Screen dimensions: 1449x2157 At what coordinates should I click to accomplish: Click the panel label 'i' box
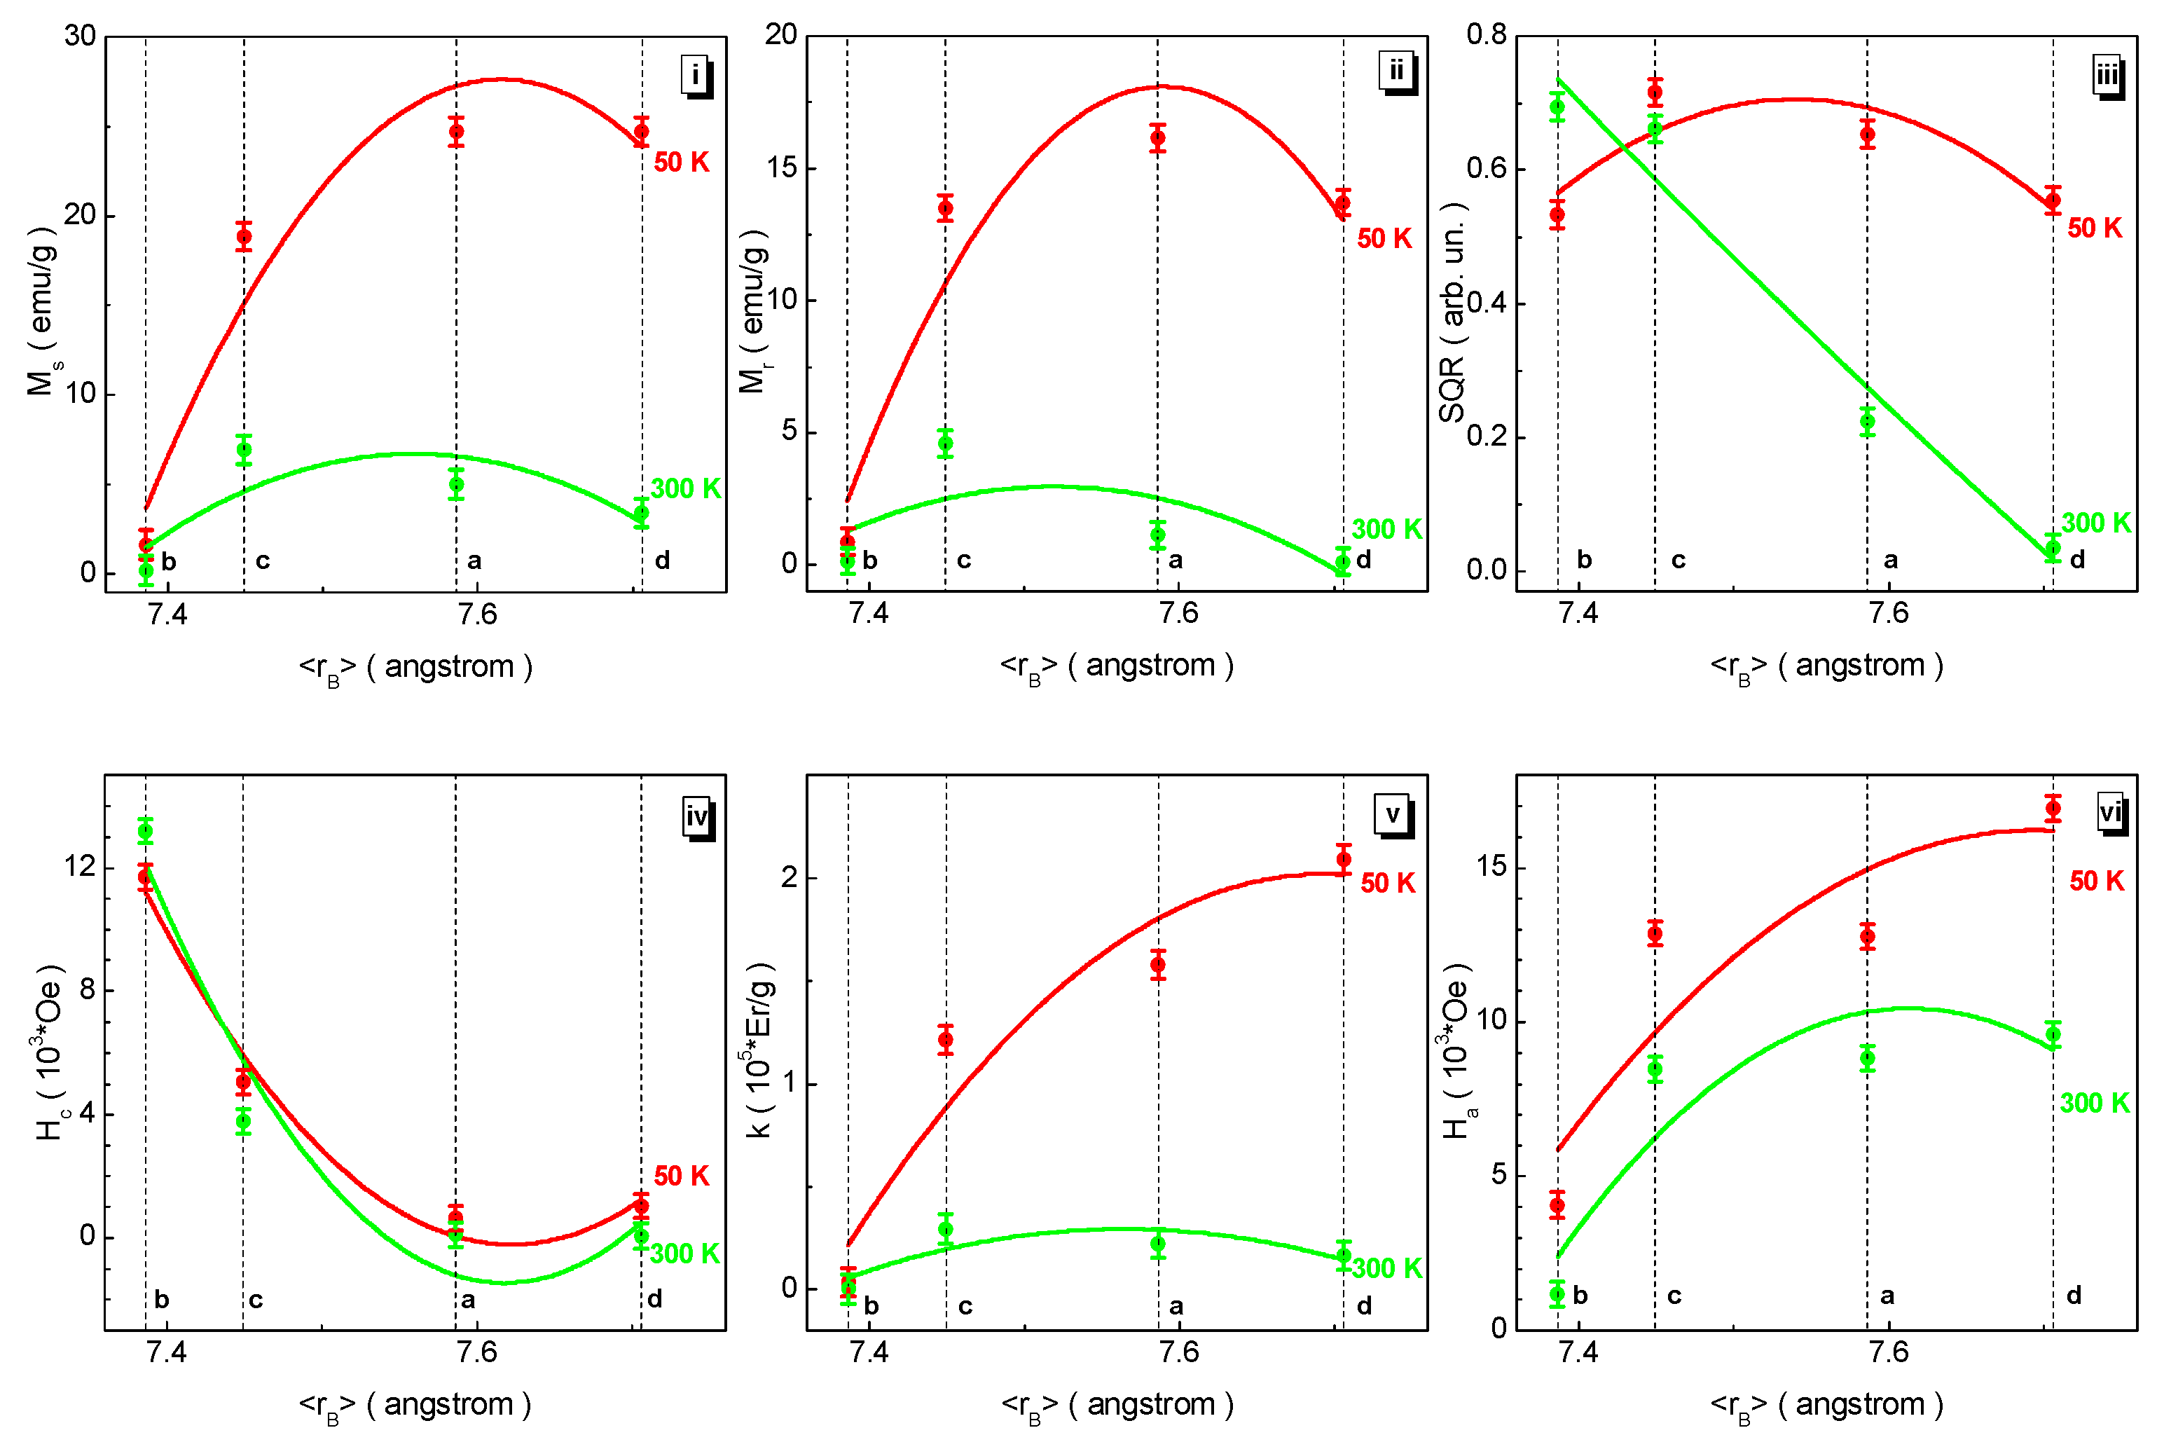696,74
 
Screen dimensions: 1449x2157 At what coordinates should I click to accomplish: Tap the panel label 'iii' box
2107,74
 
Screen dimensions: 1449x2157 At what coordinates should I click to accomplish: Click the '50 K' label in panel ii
1384,238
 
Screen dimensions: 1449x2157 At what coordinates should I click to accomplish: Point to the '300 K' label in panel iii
2096,523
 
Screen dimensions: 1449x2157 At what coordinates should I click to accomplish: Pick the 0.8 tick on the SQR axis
1487,35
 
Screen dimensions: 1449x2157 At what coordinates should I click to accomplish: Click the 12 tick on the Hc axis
79,866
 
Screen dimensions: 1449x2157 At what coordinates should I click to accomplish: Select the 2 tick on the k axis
788,877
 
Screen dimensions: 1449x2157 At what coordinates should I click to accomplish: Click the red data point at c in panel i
244,237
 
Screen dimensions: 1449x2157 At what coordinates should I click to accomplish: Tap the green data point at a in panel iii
1867,421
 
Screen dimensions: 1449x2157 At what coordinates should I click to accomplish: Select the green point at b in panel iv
145,832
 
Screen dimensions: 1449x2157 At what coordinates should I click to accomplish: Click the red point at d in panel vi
2053,809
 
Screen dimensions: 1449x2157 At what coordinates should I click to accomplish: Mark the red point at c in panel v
945,1040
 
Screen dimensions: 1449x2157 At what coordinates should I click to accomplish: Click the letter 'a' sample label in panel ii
1175,560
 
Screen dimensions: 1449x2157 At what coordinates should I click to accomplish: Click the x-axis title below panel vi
1826,1405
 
